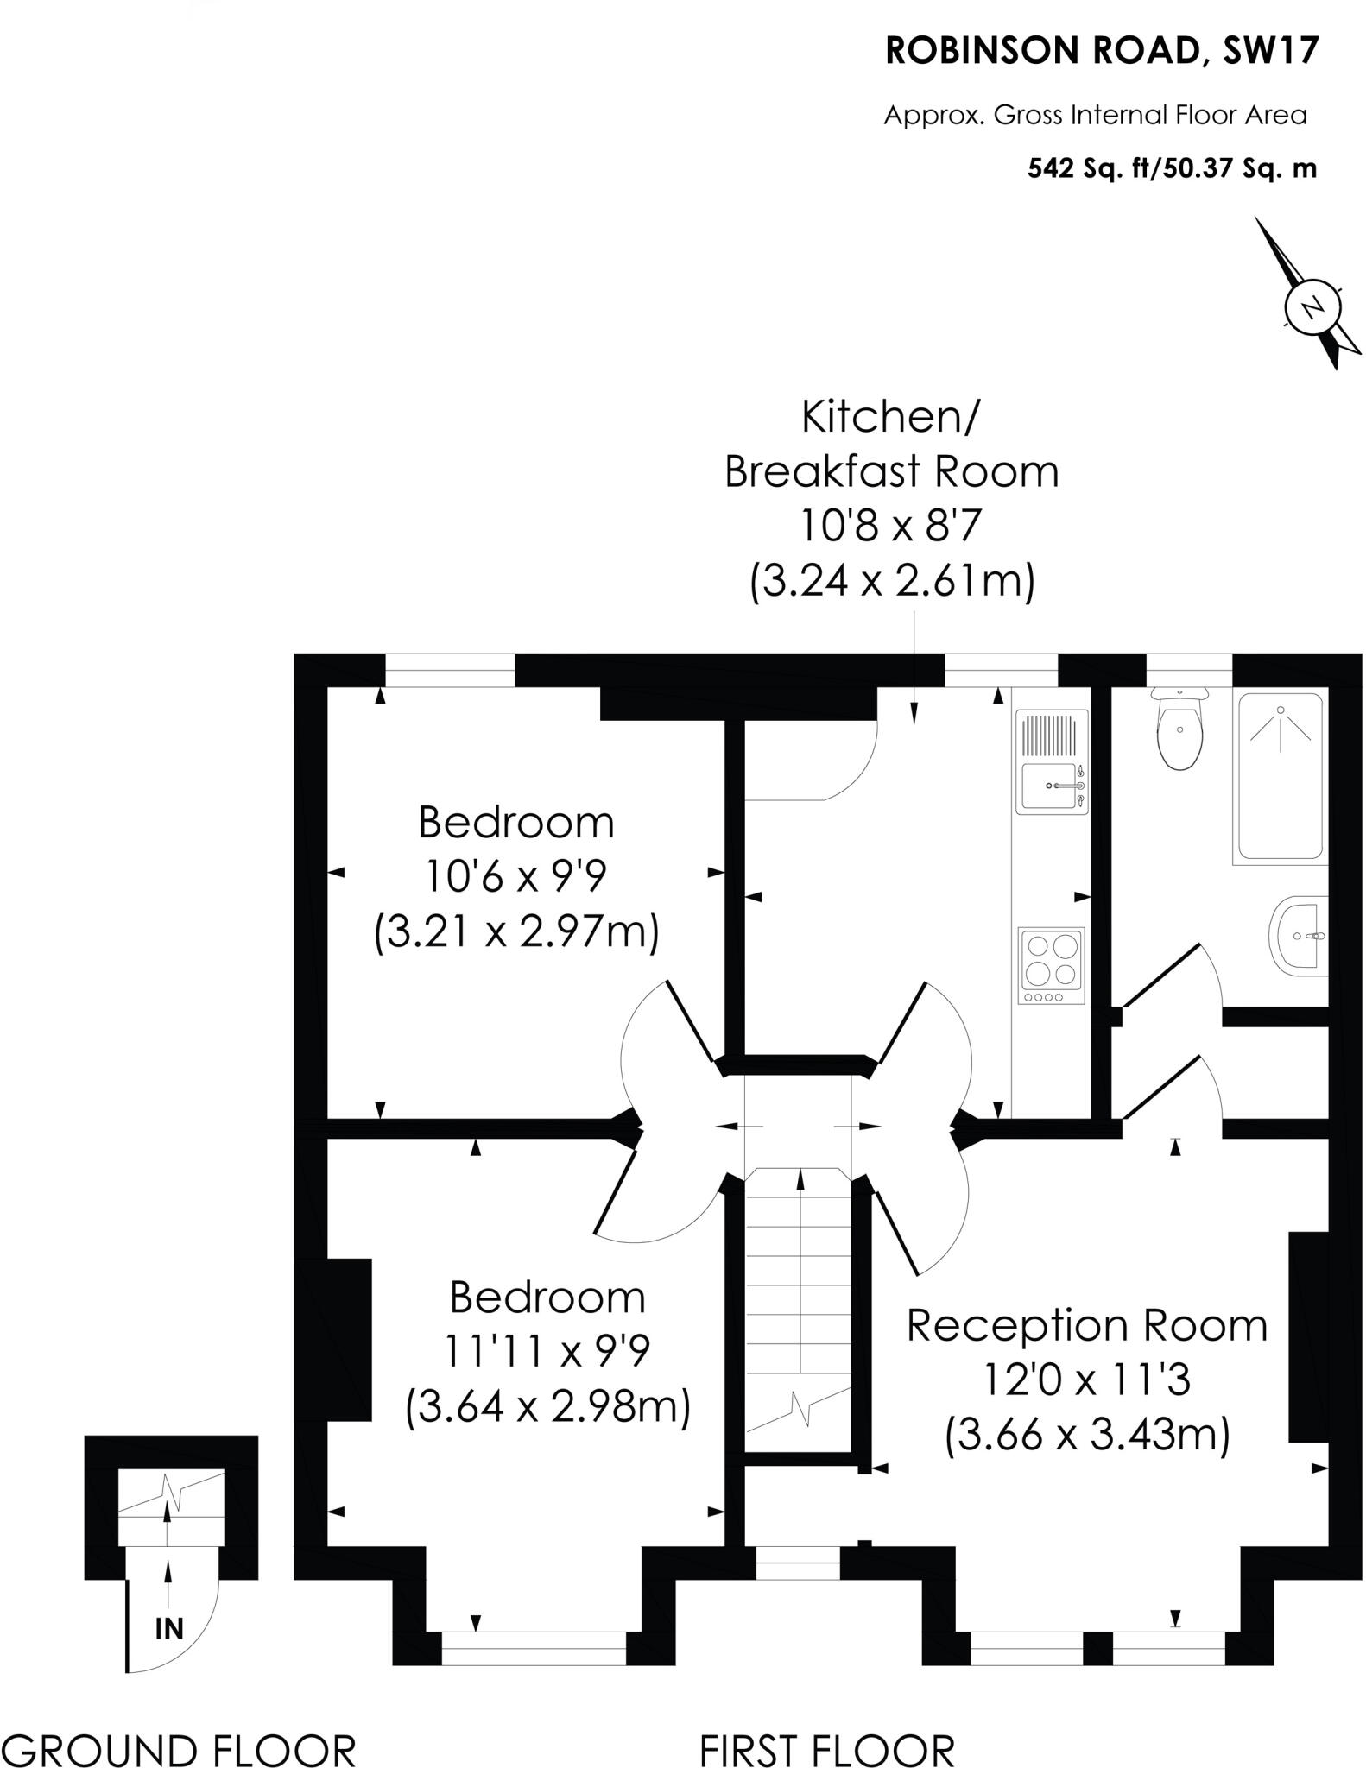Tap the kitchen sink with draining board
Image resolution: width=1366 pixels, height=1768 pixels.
click(x=1052, y=761)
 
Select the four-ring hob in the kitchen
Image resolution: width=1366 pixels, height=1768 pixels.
click(x=1052, y=965)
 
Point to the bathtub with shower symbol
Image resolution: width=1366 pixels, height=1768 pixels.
click(x=1281, y=777)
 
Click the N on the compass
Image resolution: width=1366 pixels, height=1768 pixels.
click(x=1312, y=307)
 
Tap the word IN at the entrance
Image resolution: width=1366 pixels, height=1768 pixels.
click(x=169, y=1628)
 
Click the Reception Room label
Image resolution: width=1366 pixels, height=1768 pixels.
click(x=1086, y=1325)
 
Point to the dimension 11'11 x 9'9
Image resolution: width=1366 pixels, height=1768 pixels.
click(x=547, y=1352)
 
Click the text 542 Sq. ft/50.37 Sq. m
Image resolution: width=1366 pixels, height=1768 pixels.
click(x=1172, y=168)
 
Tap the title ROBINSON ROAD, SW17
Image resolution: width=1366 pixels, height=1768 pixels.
click(x=1102, y=52)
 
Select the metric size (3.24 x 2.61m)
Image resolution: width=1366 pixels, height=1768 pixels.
click(x=892, y=581)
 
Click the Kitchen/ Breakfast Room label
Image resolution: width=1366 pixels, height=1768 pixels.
click(x=891, y=445)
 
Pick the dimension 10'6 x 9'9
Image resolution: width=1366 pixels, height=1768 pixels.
click(x=515, y=877)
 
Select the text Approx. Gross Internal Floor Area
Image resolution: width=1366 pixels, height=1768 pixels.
click(x=1095, y=116)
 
